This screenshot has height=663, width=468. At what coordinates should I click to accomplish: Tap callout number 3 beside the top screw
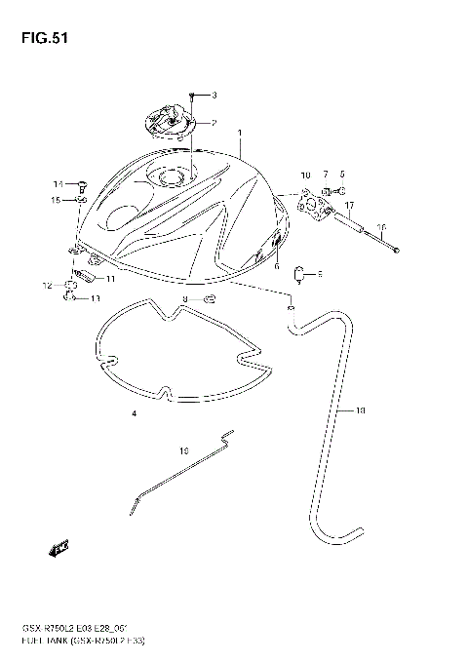(x=214, y=96)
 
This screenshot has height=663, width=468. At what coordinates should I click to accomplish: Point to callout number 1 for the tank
(x=239, y=132)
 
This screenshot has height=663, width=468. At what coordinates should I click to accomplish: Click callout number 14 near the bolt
(x=58, y=184)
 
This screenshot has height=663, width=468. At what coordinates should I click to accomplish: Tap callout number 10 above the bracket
(x=304, y=175)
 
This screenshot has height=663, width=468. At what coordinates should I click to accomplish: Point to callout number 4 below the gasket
(x=134, y=414)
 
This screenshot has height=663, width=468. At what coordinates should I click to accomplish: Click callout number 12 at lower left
(x=46, y=286)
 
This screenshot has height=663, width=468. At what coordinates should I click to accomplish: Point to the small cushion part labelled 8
(x=300, y=274)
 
